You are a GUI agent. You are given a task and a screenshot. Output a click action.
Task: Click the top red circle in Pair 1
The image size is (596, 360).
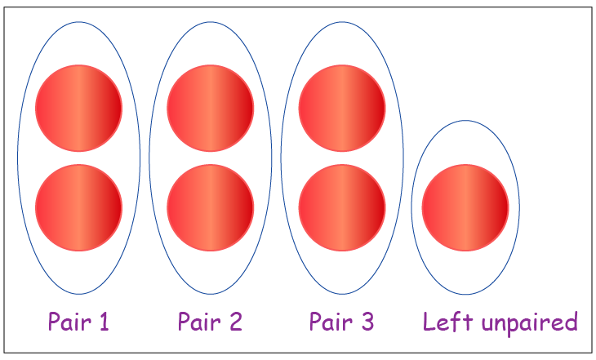78,108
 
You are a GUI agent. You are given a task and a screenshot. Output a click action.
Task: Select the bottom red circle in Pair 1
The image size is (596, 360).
78,207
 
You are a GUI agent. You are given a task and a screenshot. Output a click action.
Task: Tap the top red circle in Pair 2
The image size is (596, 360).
210,108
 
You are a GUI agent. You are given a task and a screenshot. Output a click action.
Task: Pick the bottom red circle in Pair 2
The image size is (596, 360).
210,207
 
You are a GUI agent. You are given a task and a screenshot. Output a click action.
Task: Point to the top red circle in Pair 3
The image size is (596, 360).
341,108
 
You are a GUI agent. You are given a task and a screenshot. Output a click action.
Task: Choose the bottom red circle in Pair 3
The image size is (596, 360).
341,207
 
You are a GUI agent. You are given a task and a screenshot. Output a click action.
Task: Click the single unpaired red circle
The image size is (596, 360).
465,207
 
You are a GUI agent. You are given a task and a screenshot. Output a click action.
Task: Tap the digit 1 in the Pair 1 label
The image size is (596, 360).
104,322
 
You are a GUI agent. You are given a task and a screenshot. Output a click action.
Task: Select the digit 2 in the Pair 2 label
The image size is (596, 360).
234,322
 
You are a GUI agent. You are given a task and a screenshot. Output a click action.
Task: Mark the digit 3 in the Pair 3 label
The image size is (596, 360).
367,322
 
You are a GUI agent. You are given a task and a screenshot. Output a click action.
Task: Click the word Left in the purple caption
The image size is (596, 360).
442,322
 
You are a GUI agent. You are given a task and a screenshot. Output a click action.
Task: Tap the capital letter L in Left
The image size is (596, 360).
429,322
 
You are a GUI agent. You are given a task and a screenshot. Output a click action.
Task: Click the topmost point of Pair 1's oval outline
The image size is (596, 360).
78,21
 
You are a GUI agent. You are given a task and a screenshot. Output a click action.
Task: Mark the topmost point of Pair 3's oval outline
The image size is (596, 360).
341,21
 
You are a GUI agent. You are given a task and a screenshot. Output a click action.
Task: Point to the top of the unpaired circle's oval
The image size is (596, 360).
465,122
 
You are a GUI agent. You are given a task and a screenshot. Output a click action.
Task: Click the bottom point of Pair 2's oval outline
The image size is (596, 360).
210,294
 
